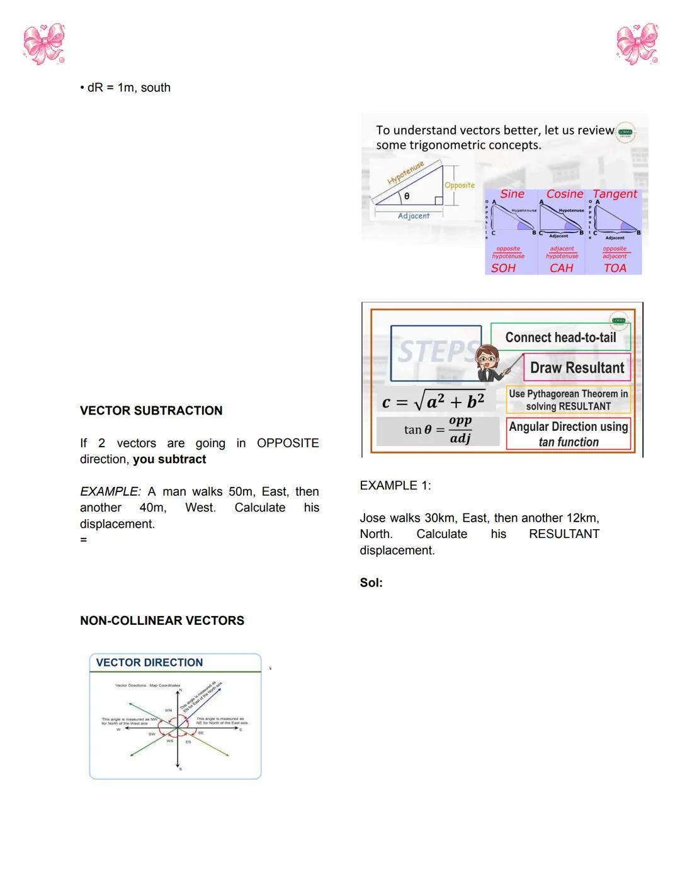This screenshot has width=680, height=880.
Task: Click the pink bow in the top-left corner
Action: tap(43, 44)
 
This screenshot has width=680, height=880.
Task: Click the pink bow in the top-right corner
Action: tap(637, 44)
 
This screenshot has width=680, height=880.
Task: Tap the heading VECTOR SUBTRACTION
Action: tap(151, 411)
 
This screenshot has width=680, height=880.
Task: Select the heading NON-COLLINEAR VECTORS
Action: tap(162, 620)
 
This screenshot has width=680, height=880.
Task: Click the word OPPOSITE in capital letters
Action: tap(288, 443)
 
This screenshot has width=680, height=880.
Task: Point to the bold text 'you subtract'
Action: tap(169, 459)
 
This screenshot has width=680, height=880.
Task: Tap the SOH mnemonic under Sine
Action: tap(504, 268)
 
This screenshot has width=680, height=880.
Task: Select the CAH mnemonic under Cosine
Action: tap(562, 268)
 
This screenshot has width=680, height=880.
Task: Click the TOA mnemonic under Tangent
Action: tap(615, 268)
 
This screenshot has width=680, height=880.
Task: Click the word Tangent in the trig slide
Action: tap(615, 194)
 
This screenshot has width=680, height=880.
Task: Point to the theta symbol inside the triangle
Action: tap(407, 197)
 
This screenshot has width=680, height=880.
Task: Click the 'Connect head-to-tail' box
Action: tap(560, 338)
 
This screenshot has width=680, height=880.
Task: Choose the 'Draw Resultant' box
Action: tap(577, 368)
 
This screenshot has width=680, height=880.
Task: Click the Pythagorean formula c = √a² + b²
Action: tap(433, 401)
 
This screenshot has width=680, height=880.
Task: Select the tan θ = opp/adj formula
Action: tap(438, 430)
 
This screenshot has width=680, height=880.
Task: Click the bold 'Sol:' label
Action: tap(371, 583)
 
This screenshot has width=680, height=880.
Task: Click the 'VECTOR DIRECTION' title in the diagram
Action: tap(149, 663)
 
